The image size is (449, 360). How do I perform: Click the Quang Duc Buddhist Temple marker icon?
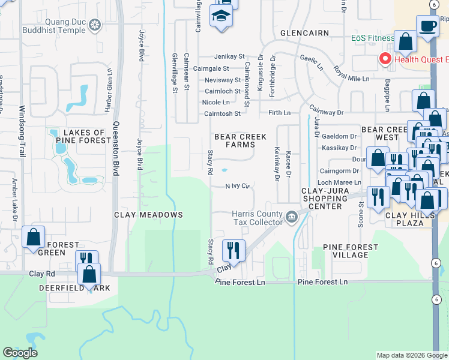point(94,25)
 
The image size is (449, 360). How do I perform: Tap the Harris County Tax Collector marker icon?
point(292,215)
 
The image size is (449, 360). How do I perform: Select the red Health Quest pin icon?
point(384,59)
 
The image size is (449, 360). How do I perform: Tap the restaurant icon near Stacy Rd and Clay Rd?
point(233,250)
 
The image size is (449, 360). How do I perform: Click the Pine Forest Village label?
point(351,251)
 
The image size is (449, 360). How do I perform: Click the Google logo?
point(20,353)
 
